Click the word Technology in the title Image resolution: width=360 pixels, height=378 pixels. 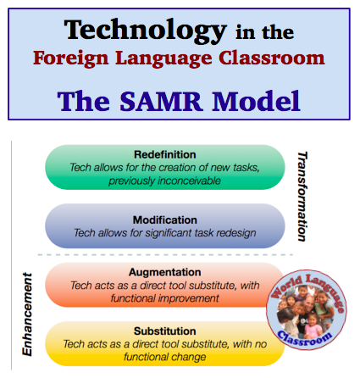144,31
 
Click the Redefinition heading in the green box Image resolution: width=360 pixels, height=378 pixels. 164,155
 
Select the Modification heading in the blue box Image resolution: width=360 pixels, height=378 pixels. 164,220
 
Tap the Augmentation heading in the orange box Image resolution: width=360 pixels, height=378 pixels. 164,273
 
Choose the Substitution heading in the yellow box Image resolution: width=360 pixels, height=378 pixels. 164,331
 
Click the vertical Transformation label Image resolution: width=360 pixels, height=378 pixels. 303,197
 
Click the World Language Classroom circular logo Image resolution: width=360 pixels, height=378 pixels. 306,307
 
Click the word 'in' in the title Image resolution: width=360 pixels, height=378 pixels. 235,33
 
